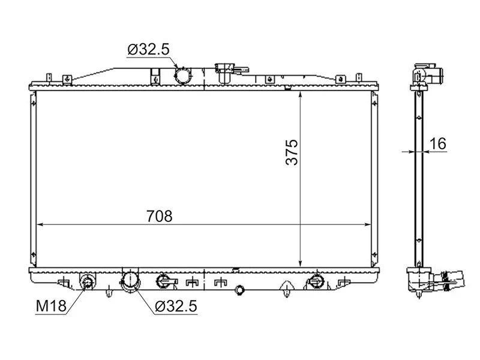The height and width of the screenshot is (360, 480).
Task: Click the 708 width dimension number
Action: (160, 216)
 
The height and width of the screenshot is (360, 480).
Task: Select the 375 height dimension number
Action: (292, 152)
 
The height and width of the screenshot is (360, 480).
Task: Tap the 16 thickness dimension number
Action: (438, 143)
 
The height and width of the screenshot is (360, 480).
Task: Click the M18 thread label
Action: (51, 306)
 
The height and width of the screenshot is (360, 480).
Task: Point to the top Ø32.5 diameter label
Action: (148, 49)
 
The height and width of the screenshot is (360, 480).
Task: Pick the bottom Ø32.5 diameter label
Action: (176, 306)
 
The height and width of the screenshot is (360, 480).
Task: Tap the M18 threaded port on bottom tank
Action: (88, 281)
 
